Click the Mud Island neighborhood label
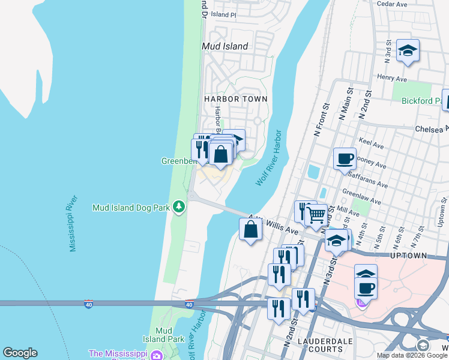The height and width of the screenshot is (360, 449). pos(225,46)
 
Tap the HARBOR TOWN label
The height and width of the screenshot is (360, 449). pos(235,98)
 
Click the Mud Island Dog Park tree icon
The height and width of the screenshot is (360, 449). pos(178,207)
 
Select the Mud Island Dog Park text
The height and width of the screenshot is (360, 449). pos(131,208)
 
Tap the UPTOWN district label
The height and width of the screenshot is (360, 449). pos(408,256)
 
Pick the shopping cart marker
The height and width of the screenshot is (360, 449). pos(316,215)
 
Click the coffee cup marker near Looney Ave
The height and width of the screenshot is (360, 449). pos(345,160)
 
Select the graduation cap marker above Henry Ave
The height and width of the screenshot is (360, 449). pos(408,52)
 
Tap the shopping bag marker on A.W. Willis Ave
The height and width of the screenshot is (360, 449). pos(250,230)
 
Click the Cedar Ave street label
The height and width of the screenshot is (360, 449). pos(393,4)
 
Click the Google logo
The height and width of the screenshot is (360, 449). pos(20,353)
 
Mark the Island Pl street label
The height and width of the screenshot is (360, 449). pos(224,14)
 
